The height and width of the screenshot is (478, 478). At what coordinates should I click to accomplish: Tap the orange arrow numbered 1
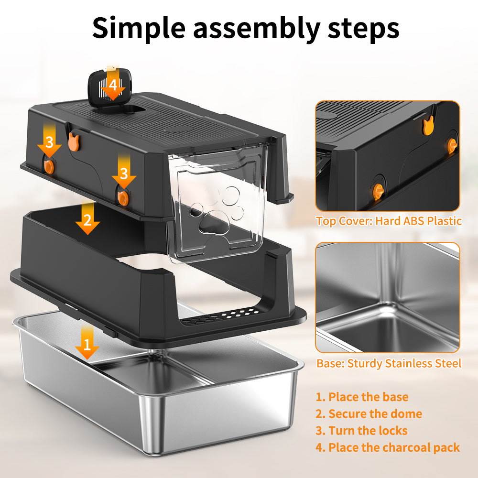coord(87,343)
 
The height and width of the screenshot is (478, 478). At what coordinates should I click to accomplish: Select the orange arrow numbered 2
coord(87,219)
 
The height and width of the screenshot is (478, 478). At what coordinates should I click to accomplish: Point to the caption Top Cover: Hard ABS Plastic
coord(388,221)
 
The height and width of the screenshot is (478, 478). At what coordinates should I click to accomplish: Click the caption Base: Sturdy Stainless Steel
coord(389,363)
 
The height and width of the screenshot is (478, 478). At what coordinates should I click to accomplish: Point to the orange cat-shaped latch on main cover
coord(73,141)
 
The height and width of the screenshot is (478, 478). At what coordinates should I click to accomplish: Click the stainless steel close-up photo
coord(388,297)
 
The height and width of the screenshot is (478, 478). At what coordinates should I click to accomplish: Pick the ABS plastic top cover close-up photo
coord(388,156)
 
